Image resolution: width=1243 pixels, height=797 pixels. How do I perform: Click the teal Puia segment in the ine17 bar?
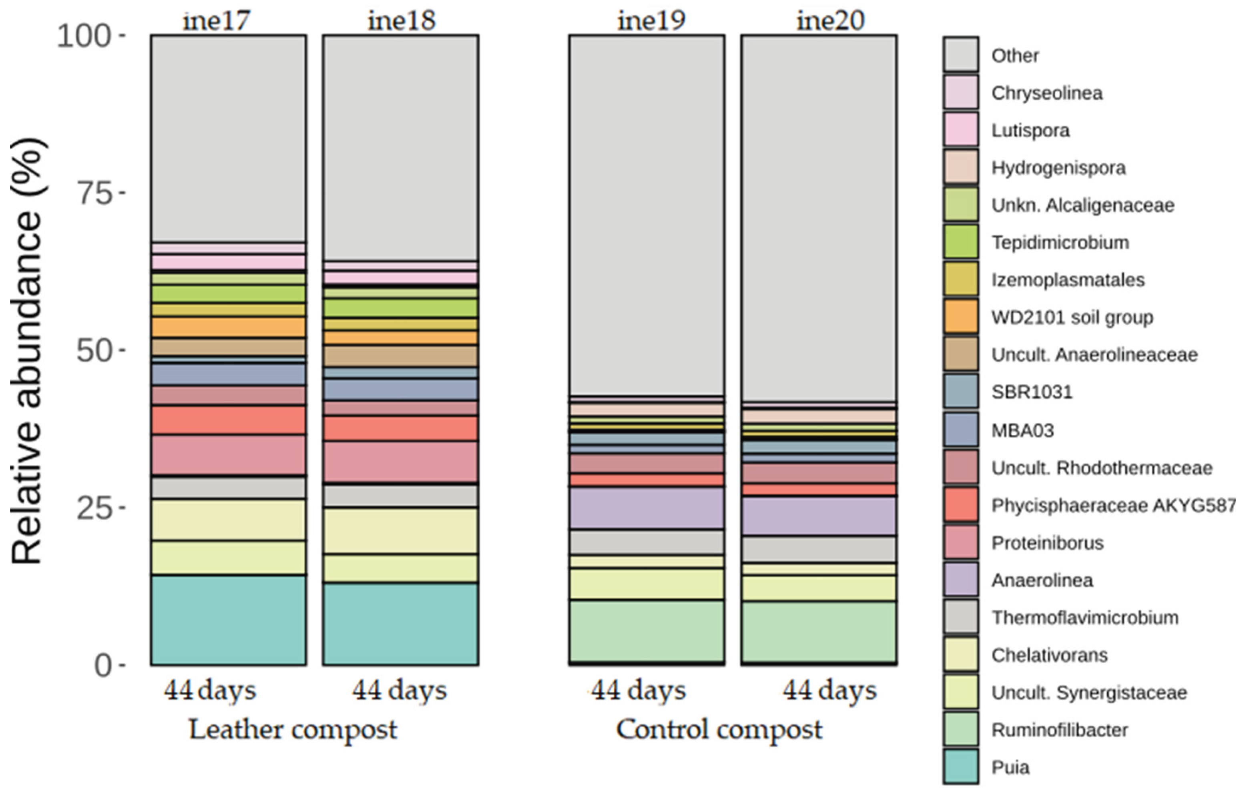(228, 620)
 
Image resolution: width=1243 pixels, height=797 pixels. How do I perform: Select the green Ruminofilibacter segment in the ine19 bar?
(647, 631)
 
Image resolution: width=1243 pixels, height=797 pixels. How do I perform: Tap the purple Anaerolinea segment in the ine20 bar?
(819, 516)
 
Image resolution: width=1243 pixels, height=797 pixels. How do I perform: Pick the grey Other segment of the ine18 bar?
(401, 147)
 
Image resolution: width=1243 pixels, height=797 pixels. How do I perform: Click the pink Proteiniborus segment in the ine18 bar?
(401, 462)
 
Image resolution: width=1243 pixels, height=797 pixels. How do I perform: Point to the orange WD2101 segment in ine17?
(228, 327)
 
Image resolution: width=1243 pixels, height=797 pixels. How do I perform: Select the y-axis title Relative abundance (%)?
(27, 352)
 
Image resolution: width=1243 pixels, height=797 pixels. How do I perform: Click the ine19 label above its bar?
(651, 21)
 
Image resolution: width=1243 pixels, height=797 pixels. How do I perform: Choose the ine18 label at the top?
(402, 21)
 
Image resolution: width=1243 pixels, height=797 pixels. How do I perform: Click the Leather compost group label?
(293, 730)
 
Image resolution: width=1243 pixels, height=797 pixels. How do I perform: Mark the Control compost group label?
(719, 730)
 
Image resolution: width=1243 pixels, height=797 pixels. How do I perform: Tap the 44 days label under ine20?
(829, 691)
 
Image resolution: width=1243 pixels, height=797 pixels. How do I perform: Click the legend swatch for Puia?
(960, 767)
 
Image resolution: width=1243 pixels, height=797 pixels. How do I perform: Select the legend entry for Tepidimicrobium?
(1060, 242)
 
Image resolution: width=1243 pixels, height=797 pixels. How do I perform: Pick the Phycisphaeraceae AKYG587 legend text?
(1112, 506)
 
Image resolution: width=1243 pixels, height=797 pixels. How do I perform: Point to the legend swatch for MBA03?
(960, 430)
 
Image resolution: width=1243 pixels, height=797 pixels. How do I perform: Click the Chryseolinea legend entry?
(1046, 93)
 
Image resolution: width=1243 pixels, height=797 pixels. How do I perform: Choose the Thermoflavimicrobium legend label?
(1084, 617)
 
